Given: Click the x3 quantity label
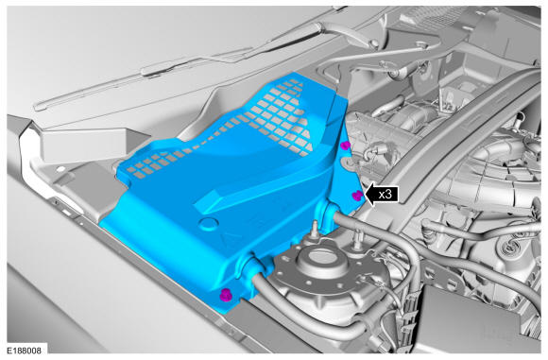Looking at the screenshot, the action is [385, 194].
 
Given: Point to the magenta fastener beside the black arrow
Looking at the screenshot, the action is [357, 196].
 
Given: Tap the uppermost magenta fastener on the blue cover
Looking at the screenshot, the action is [345, 146].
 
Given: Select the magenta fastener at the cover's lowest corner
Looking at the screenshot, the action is [226, 296].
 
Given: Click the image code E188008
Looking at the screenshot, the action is [24, 351].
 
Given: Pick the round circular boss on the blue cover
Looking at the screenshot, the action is [208, 224].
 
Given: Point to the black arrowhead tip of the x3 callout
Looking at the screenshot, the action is [365, 195].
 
